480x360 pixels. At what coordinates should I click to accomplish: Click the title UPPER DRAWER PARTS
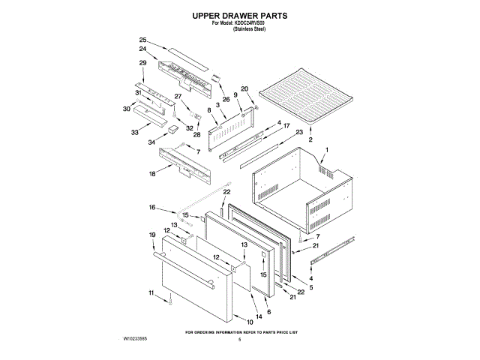240,15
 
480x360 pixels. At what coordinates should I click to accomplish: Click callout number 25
142,40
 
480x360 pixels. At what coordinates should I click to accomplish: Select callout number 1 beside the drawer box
325,150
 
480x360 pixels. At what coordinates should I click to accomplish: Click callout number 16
151,207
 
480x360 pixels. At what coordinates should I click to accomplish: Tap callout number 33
135,132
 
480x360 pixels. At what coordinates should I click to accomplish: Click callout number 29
142,62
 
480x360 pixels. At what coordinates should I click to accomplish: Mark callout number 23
299,132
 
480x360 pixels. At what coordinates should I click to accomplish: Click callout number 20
244,89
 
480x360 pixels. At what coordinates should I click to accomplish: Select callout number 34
151,141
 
